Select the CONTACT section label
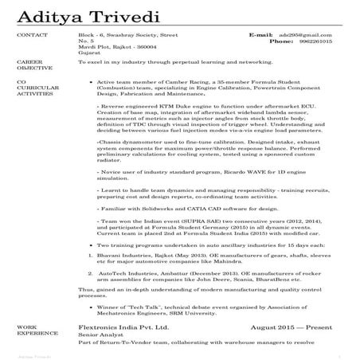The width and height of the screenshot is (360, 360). tap(31, 36)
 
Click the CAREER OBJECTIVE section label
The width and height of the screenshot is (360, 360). tap(30, 63)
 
